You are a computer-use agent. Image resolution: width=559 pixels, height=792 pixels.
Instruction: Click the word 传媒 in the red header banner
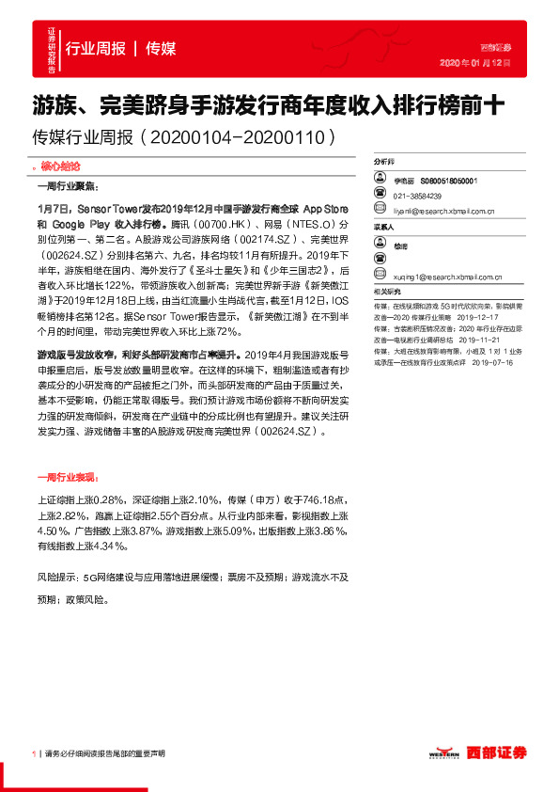pyautogui.click(x=161, y=49)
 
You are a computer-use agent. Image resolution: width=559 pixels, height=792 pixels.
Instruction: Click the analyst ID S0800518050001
pyautogui.click(x=449, y=180)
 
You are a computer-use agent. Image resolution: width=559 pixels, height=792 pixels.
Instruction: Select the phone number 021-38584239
pyautogui.click(x=417, y=196)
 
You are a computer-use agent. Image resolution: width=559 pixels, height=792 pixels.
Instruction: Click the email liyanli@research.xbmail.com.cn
pyautogui.click(x=449, y=212)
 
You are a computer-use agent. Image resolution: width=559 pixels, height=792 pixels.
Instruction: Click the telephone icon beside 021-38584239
pyautogui.click(x=379, y=196)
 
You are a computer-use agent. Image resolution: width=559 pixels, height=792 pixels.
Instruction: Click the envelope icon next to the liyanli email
pyautogui.click(x=379, y=212)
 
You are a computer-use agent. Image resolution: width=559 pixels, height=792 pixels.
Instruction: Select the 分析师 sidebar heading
pyautogui.click(x=385, y=162)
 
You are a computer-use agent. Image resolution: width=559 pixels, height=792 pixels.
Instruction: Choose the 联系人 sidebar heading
pyautogui.click(x=385, y=228)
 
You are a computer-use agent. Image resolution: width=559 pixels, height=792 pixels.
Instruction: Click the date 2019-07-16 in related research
pyautogui.click(x=492, y=361)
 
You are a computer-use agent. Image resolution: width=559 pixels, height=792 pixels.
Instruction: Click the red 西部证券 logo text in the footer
pyautogui.click(x=500, y=752)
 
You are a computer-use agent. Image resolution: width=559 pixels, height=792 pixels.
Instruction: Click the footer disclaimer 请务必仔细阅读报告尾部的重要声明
pyautogui.click(x=104, y=753)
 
